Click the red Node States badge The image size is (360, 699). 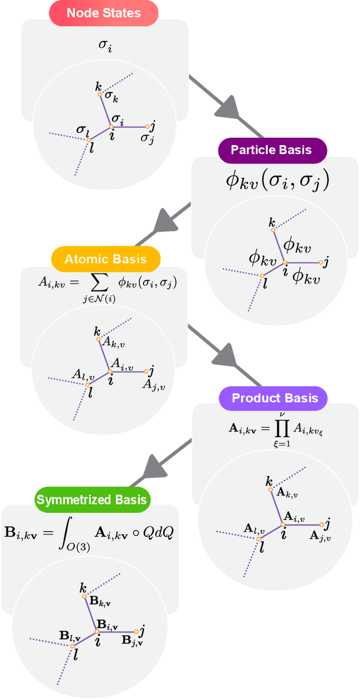pyautogui.click(x=104, y=12)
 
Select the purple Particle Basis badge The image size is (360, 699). pyautogui.click(x=272, y=150)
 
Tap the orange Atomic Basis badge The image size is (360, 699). pyautogui.click(x=106, y=259)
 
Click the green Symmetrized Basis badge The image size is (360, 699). pyautogui.click(x=91, y=500)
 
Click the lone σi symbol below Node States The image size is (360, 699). pyautogui.click(x=105, y=44)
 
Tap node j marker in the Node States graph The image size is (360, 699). pyautogui.click(x=147, y=127)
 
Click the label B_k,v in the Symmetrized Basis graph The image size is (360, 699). pyautogui.click(x=100, y=602)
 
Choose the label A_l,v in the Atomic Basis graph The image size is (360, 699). pyautogui.click(x=79, y=374)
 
